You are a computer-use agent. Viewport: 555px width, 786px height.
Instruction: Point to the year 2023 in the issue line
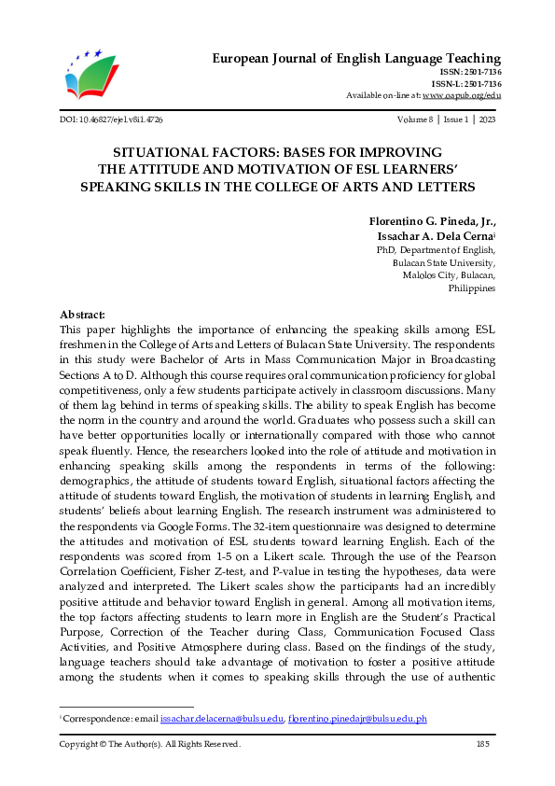(x=487, y=120)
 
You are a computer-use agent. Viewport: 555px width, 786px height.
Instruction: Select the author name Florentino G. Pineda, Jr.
(x=428, y=221)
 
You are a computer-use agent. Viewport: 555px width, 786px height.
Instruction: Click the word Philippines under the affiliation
(x=472, y=288)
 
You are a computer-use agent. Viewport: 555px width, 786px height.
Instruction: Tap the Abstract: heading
(x=82, y=316)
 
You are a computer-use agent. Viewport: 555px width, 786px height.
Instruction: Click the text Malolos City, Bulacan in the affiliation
(x=449, y=275)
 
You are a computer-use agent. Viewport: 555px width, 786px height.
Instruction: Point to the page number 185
(x=483, y=744)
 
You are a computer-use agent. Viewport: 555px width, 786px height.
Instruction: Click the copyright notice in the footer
(x=150, y=744)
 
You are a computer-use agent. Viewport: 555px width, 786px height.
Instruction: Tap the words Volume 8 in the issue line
(x=415, y=120)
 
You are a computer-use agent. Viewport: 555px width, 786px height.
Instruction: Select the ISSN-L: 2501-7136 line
(x=469, y=84)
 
